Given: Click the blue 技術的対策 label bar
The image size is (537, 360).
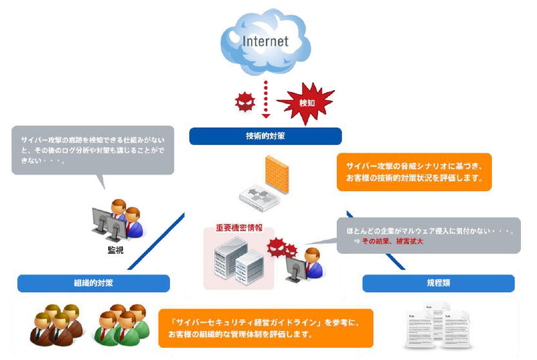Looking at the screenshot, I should (265, 136).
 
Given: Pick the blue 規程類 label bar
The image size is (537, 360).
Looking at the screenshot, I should (438, 283).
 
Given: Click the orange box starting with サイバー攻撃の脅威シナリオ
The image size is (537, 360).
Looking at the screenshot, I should (414, 171).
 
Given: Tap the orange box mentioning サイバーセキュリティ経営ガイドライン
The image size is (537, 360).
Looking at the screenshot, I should (266, 328).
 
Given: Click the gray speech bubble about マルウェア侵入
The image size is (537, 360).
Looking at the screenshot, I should (428, 235).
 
